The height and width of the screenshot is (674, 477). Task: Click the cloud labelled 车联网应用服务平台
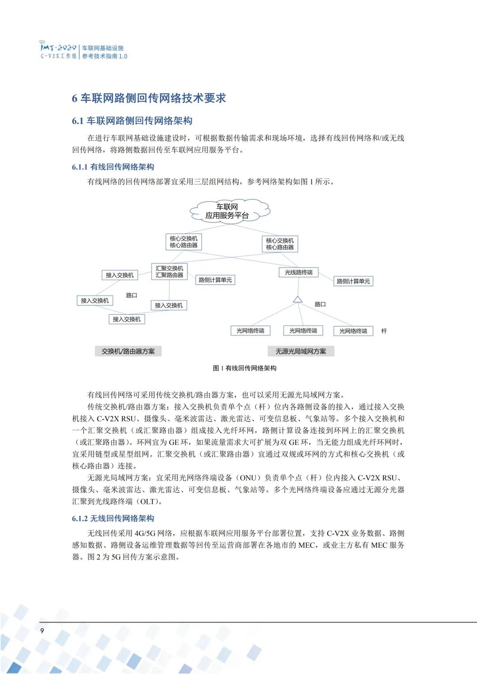tap(228, 211)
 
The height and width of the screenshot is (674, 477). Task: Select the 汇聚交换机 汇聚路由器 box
tap(169, 271)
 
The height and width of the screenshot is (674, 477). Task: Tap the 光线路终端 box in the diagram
tap(299, 272)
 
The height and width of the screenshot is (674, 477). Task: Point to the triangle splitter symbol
tap(298, 300)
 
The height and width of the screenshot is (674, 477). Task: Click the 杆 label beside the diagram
tap(384, 331)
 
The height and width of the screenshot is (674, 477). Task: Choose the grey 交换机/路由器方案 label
tap(128, 351)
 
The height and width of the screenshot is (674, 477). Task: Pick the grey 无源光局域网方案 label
tap(301, 351)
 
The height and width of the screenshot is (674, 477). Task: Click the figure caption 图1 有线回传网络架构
tap(244, 368)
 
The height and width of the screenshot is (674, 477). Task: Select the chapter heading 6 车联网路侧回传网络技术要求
tap(149, 98)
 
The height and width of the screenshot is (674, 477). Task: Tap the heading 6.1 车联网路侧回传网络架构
tap(132, 121)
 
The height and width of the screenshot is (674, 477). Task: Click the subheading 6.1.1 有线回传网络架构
tap(113, 167)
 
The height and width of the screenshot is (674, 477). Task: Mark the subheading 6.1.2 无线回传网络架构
tap(113, 518)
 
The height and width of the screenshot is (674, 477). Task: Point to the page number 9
tap(42, 631)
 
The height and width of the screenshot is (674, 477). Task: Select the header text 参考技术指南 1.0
tap(105, 56)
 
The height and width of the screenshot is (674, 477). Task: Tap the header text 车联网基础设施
tap(103, 48)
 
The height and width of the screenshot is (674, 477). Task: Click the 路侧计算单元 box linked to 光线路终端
tap(353, 281)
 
